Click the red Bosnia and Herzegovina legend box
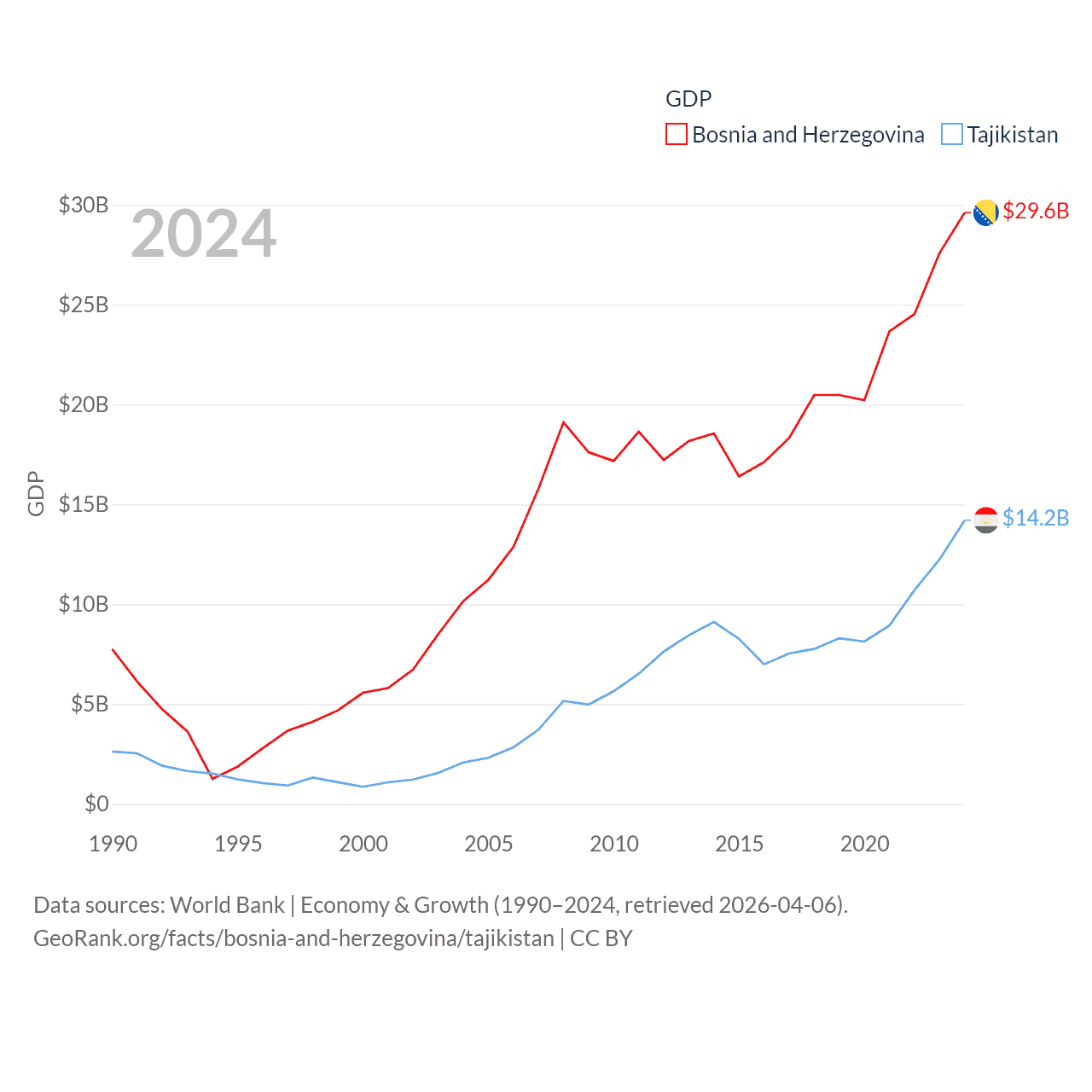[677, 135]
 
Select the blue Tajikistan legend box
[952, 135]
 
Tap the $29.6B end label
[1036, 211]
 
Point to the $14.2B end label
[1036, 518]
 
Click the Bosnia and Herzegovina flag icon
[986, 212]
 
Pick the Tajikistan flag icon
[986, 520]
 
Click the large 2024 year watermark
[203, 234]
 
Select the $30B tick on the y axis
[84, 205]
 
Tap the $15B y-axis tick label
[84, 504]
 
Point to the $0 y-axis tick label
[96, 804]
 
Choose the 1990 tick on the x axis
[113, 844]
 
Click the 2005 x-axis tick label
[489, 844]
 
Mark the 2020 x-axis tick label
[865, 844]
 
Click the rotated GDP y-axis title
[36, 493]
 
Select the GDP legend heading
[688, 99]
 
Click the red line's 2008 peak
[564, 422]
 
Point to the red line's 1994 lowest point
[213, 778]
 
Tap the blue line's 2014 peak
[714, 622]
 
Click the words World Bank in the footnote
[228, 904]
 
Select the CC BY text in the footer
[601, 938]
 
